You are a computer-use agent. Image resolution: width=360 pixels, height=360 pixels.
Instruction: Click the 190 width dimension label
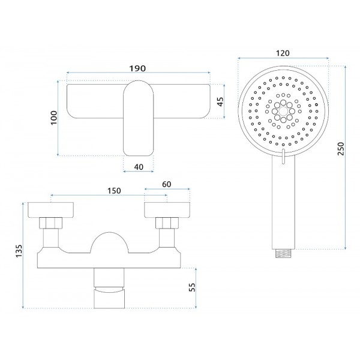tap(137, 68)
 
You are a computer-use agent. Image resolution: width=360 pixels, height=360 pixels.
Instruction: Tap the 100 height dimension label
tap(54, 118)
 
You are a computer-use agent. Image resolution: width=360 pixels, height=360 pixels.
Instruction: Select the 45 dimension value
tap(220, 101)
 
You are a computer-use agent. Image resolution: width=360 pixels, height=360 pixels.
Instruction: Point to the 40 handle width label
tap(139, 167)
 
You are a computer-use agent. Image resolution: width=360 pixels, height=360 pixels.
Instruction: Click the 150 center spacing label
tap(114, 191)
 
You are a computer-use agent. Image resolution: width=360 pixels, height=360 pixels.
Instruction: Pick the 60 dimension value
tap(166, 184)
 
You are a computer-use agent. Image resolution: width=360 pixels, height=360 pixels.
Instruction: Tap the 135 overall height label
tap(19, 251)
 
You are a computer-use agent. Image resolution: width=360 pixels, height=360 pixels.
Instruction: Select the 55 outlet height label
tap(192, 287)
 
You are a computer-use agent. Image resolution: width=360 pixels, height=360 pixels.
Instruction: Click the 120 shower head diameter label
tap(283, 53)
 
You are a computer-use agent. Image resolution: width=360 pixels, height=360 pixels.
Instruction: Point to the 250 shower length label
tap(341, 149)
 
